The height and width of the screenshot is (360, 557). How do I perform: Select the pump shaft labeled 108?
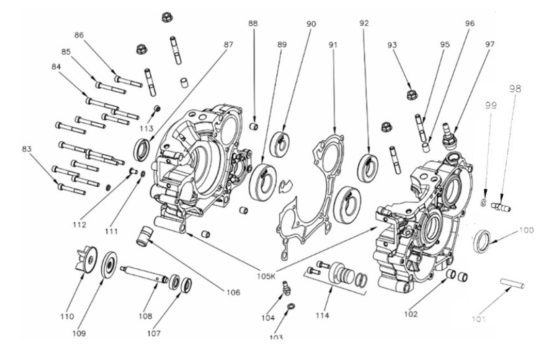coord(145,273)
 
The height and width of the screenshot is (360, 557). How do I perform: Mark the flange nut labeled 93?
coord(411,95)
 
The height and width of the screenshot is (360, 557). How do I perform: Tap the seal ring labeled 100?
coord(483,242)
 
